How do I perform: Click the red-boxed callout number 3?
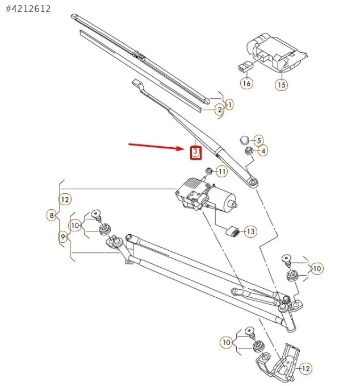tap(195, 152)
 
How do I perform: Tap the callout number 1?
tap(229, 104)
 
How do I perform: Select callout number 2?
tap(219, 110)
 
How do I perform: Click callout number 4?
tap(263, 151)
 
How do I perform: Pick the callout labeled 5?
tap(258, 140)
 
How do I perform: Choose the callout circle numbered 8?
tap(52, 215)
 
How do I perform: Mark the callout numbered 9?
tap(63, 236)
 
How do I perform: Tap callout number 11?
tap(221, 171)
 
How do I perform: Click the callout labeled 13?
tap(250, 231)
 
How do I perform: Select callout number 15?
tap(282, 85)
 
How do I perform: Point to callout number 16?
tap(246, 83)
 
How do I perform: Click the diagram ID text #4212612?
tap(28, 9)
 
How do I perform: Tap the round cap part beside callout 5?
tap(244, 139)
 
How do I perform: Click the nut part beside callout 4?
tap(248, 151)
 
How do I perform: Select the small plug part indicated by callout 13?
tap(232, 232)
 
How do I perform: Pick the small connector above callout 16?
tap(244, 67)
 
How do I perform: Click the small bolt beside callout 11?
tap(209, 171)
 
